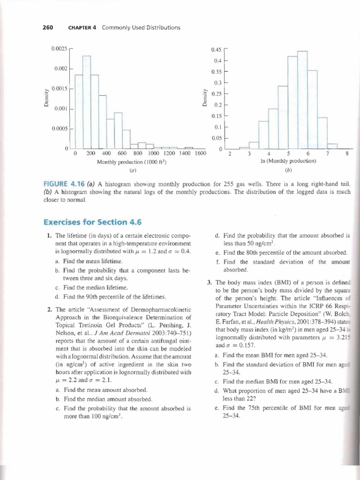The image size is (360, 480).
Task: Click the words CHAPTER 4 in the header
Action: pos(82,28)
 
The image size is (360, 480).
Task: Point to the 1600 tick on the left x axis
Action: pos(200,153)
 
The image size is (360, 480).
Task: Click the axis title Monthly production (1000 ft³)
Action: pos(132,162)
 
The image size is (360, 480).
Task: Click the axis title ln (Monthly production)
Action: pos(288,161)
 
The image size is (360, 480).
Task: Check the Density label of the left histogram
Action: pos(46,98)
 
